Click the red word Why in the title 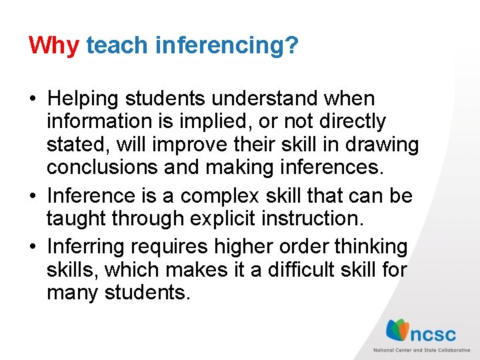[x=53, y=45]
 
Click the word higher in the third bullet [x=245, y=247]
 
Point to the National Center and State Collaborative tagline [x=421, y=350]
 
